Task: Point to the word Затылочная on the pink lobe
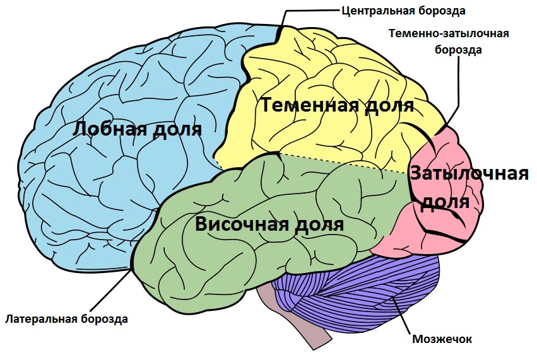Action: coord(469,174)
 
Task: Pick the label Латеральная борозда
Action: coord(66,319)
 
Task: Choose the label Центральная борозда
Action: coord(403,11)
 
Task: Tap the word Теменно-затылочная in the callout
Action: coord(449,33)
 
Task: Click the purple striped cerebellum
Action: coord(360,291)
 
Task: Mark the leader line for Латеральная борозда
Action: coord(110,291)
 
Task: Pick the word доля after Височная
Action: coord(316,226)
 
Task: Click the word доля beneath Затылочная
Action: coord(444,202)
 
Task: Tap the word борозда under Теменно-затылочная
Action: coord(458,50)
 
